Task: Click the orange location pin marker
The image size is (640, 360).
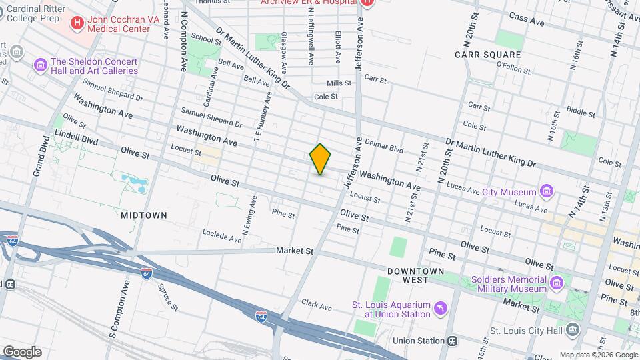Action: tap(321, 159)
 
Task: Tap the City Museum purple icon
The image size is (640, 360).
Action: tap(547, 192)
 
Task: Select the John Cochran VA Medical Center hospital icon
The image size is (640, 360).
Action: tap(77, 24)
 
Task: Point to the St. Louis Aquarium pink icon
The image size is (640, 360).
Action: tap(439, 309)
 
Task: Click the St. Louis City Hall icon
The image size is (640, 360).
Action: tap(573, 330)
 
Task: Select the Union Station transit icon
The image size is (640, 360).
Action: tap(453, 341)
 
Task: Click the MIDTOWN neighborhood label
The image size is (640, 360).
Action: tap(143, 215)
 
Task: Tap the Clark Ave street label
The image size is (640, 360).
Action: tap(316, 306)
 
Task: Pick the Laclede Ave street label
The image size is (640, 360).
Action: tap(222, 235)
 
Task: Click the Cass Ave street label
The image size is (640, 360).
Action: tap(527, 19)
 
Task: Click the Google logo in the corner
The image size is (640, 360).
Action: tap(22, 351)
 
